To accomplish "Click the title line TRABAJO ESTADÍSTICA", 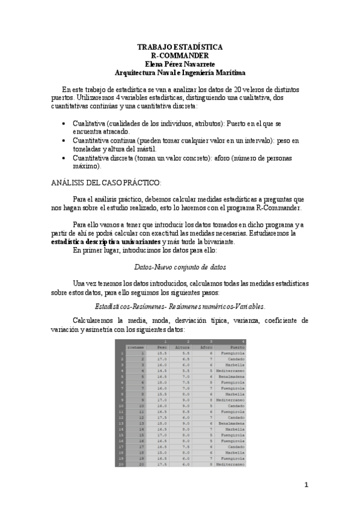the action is coord(180,46).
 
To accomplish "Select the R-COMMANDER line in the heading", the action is coord(180,55).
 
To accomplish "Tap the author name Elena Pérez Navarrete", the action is coord(180,63).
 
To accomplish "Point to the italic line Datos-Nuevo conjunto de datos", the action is coord(180,266).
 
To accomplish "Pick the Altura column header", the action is coord(182,347).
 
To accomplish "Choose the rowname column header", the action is coord(136,347).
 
